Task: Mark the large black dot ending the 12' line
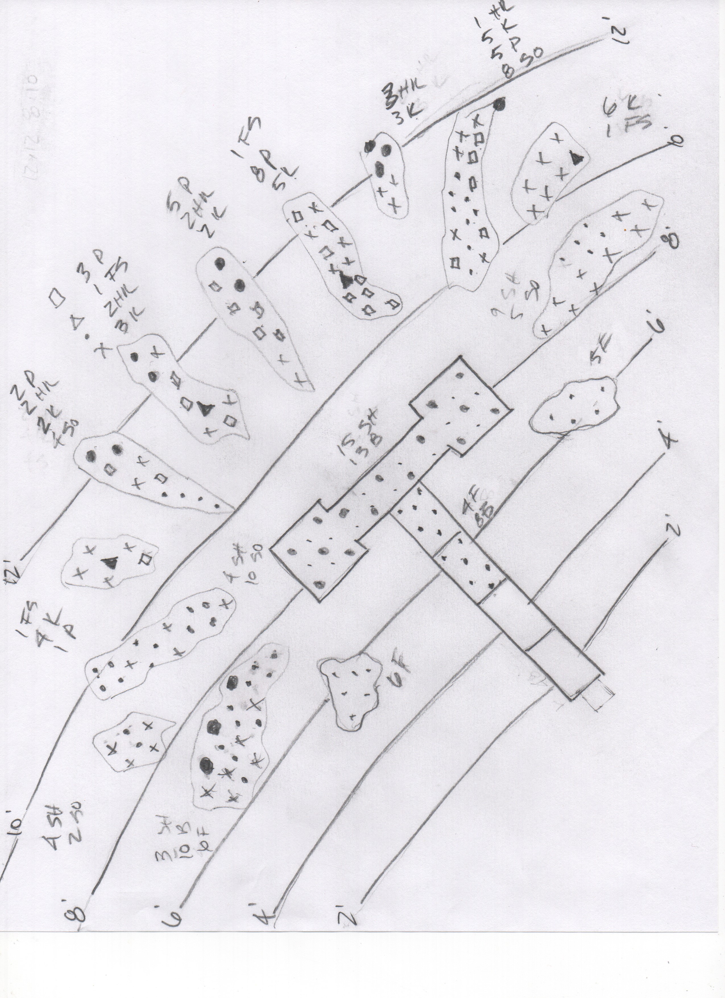tap(498, 105)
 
